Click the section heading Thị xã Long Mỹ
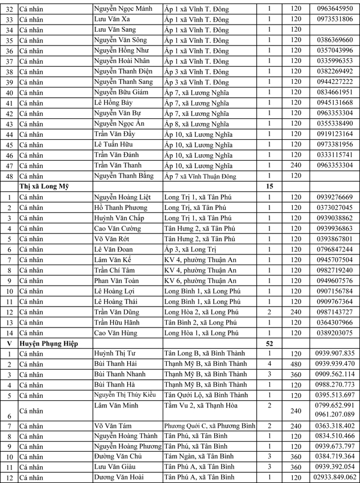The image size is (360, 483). click(44, 187)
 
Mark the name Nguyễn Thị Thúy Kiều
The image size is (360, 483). click(125, 395)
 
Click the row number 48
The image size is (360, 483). click(8, 176)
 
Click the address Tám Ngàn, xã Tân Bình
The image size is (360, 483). click(198, 457)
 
